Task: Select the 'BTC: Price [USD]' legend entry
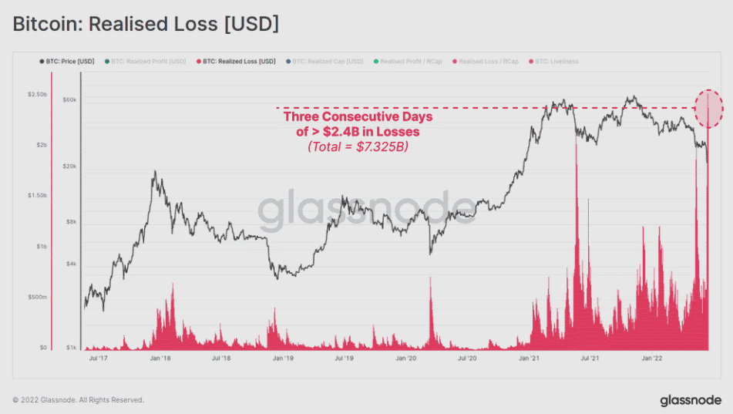[68, 60]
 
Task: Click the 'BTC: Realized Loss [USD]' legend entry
[238, 60]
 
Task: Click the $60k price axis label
[69, 100]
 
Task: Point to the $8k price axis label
[70, 222]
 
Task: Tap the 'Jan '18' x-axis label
[160, 358]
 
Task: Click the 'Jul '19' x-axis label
[344, 358]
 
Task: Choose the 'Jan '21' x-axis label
[529, 358]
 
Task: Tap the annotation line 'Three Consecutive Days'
[358, 116]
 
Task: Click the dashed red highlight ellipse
[709, 109]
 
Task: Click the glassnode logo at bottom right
[691, 400]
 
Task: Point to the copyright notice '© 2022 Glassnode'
[78, 400]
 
